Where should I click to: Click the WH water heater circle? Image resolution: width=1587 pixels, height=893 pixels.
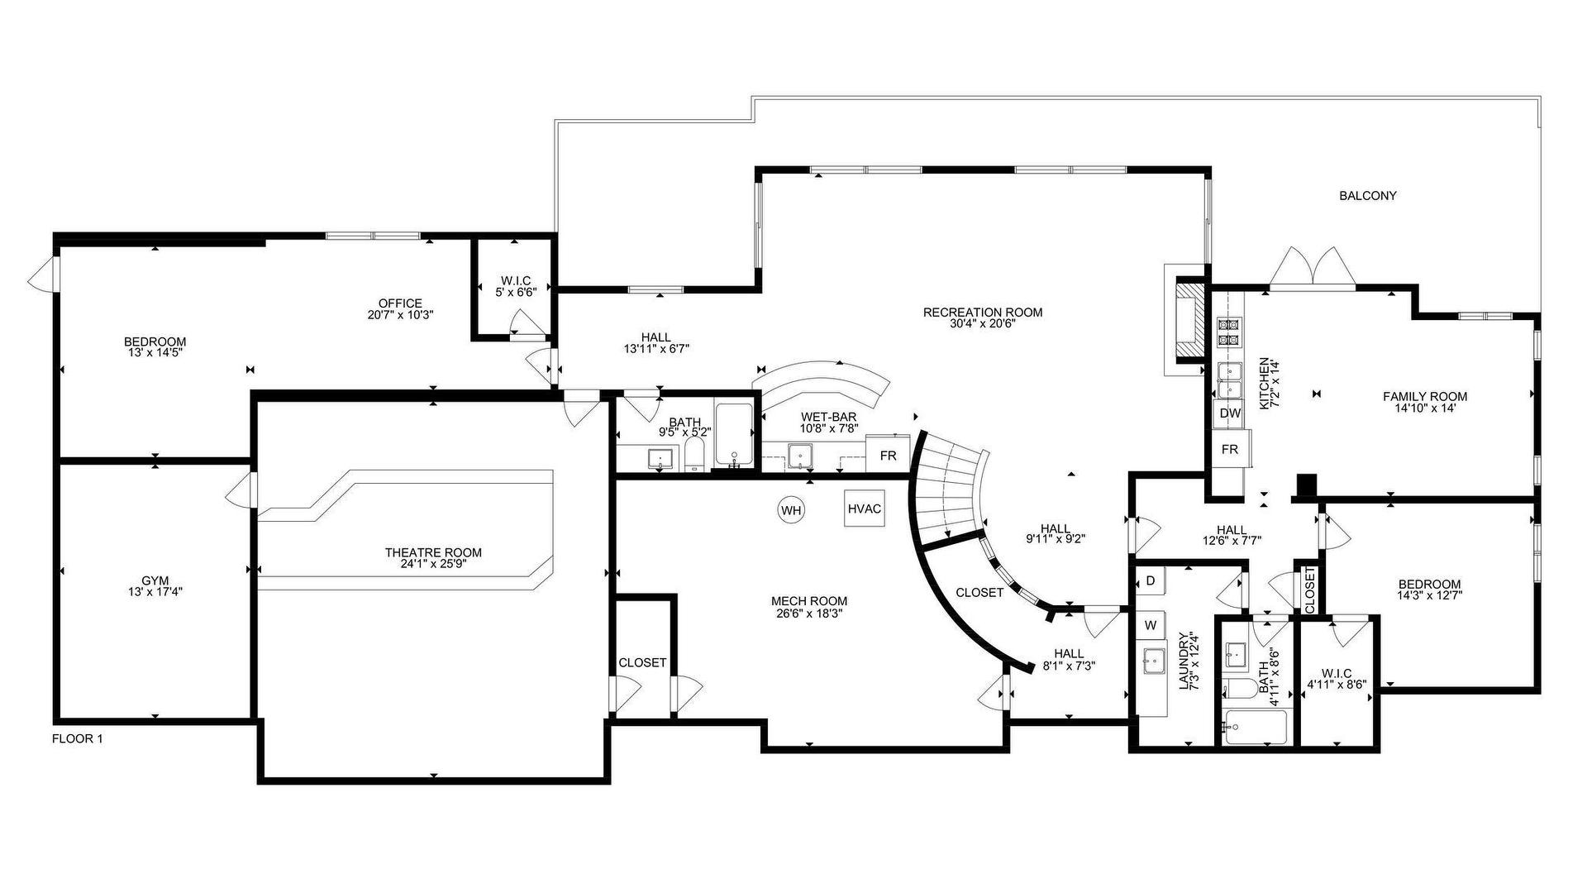(792, 510)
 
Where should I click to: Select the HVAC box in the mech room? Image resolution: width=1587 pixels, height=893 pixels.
(865, 509)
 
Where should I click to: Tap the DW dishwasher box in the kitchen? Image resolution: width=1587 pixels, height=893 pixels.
(1230, 413)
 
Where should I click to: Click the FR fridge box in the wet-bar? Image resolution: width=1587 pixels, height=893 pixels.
(888, 456)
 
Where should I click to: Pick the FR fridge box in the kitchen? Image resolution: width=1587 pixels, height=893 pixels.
(1230, 449)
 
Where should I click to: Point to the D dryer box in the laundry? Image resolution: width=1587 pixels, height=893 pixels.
(1150, 580)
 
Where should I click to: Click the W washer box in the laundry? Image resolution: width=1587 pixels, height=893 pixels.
(1150, 625)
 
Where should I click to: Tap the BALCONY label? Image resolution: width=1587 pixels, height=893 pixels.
(1368, 196)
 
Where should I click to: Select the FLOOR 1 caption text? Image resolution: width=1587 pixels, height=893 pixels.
(78, 739)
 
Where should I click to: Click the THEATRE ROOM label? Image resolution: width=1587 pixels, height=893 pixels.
(433, 552)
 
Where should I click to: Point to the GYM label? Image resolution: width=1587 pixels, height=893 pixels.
(155, 581)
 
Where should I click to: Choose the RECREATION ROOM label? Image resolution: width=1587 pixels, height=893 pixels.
(983, 313)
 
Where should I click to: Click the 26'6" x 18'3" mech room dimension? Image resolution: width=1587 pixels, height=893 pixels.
(809, 614)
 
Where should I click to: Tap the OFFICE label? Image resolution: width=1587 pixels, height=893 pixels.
(400, 303)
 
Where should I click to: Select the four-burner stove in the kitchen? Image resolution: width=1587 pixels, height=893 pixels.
(1229, 331)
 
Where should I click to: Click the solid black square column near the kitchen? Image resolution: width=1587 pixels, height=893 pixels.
(1307, 487)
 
